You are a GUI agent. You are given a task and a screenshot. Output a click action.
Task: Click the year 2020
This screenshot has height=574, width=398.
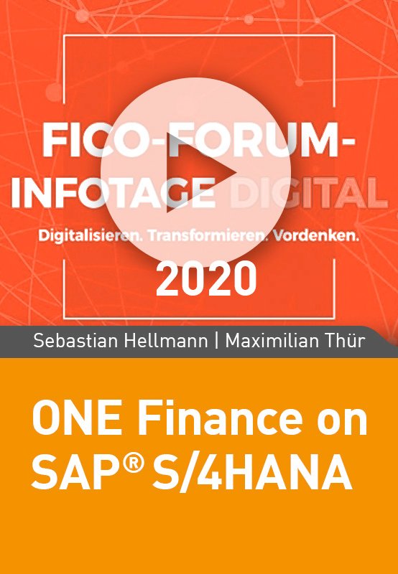206,280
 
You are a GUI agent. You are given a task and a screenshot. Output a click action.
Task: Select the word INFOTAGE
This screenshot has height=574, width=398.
114,193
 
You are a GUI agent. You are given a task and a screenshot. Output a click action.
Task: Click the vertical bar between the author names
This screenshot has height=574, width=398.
217,342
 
